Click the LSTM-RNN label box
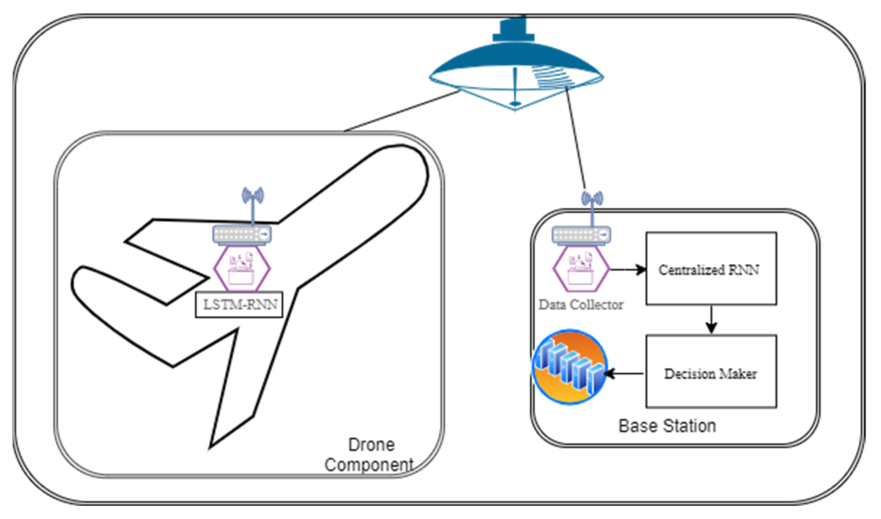[239, 305]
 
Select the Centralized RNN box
[711, 269]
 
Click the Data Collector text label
[581, 305]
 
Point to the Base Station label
[667, 426]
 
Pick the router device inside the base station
[581, 235]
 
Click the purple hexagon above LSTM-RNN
[242, 269]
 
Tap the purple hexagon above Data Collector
[581, 269]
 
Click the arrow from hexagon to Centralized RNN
[628, 270]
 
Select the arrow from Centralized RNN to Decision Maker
[711, 319]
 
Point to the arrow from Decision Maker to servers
[625, 373]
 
